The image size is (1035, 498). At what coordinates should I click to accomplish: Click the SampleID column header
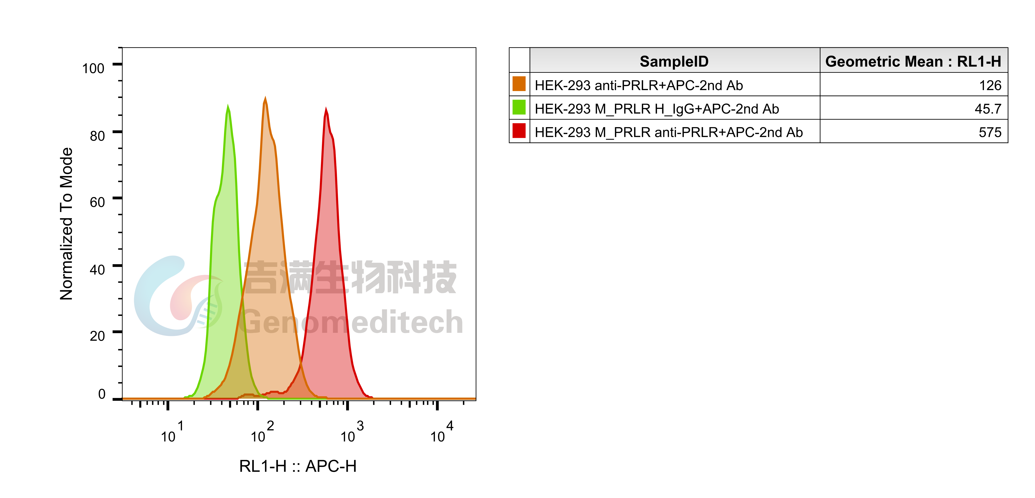[x=674, y=61]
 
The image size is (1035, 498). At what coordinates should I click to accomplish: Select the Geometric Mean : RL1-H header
[x=913, y=61]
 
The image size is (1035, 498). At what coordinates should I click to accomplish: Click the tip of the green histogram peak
[x=228, y=105]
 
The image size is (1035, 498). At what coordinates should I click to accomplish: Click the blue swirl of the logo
[x=151, y=297]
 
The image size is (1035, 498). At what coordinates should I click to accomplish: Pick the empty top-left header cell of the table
[x=519, y=60]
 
